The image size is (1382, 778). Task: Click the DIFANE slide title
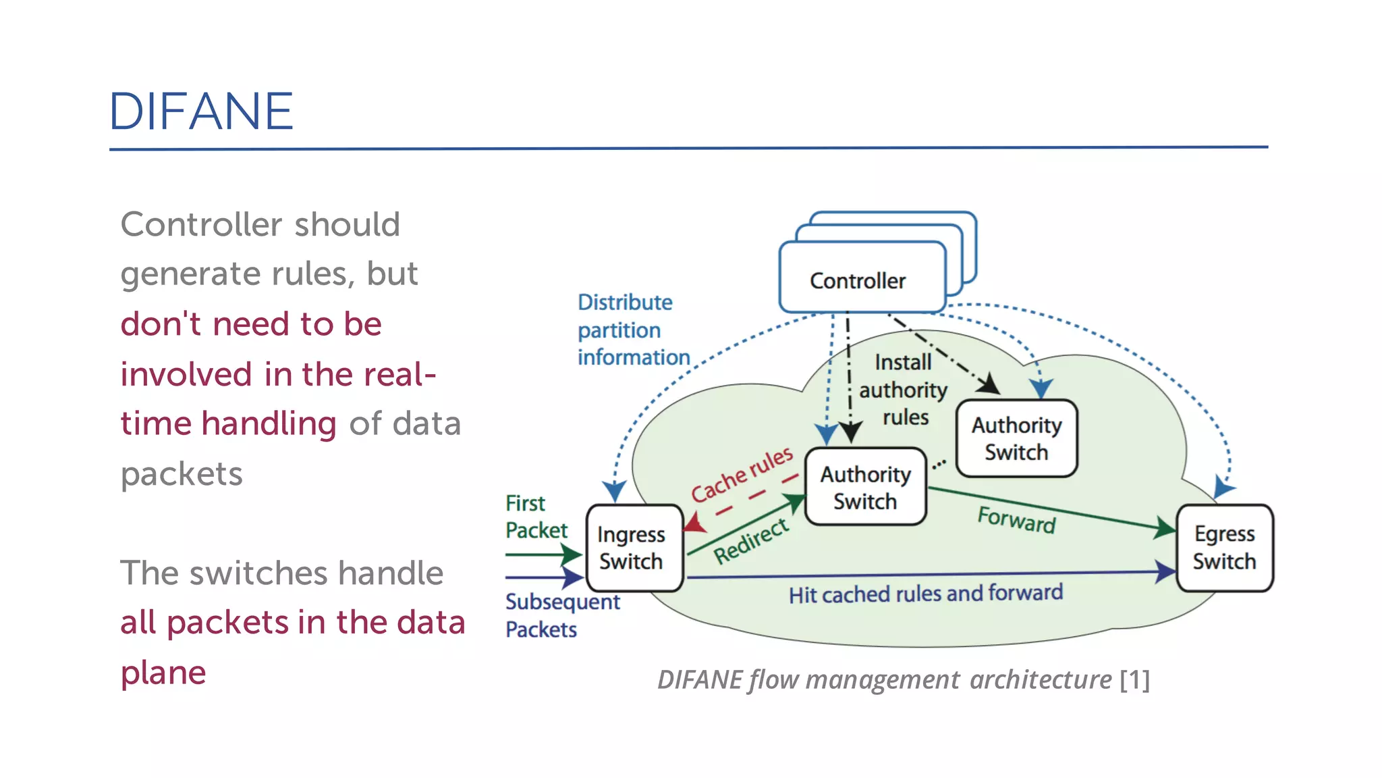[x=201, y=111]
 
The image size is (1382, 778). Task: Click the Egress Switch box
[x=1224, y=548]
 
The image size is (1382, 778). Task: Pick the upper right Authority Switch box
[x=1016, y=438]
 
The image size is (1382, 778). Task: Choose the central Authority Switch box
[x=865, y=488]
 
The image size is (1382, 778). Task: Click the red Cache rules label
[x=742, y=474]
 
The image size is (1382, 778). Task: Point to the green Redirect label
[x=751, y=540]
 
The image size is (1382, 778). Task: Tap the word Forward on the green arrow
[x=1016, y=520]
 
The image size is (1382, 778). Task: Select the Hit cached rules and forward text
[x=925, y=594]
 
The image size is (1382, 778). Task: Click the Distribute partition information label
[x=632, y=330]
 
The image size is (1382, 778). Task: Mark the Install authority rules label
[x=904, y=390]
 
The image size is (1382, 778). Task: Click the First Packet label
[x=536, y=517]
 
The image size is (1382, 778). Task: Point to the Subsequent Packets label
[x=561, y=615]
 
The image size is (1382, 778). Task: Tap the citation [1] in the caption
[x=1134, y=679]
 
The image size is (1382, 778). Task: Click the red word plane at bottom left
[x=163, y=673]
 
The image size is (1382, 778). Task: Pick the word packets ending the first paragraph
[x=181, y=474]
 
